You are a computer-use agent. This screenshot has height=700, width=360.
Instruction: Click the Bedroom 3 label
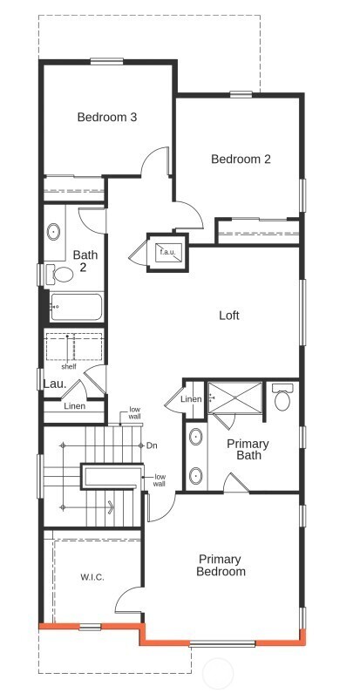pyautogui.click(x=107, y=117)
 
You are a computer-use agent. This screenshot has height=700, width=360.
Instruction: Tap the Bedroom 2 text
pyautogui.click(x=241, y=159)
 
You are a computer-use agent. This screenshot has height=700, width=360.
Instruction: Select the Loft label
pyautogui.click(x=228, y=316)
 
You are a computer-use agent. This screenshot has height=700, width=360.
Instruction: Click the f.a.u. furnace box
pyautogui.click(x=166, y=252)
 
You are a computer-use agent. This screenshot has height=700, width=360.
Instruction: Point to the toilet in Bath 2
pyautogui.click(x=63, y=274)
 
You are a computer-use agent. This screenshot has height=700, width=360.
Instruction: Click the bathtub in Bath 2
pyautogui.click(x=77, y=307)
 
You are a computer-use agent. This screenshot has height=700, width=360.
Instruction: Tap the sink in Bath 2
pyautogui.click(x=53, y=232)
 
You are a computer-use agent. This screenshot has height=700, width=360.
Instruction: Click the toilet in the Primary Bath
pyautogui.click(x=282, y=398)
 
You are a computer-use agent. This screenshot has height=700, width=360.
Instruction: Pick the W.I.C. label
pyautogui.click(x=92, y=577)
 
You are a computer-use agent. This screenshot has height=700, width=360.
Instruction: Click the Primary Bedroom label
pyautogui.click(x=221, y=565)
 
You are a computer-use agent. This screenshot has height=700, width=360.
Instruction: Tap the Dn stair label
pyautogui.click(x=152, y=445)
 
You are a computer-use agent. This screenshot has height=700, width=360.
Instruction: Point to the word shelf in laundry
pyautogui.click(x=69, y=366)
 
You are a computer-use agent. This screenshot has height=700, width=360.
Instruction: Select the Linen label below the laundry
pyautogui.click(x=75, y=405)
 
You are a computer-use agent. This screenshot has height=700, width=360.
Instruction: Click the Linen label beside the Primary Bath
pyautogui.click(x=191, y=398)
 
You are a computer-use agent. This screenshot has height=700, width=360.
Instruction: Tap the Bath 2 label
pyautogui.click(x=85, y=261)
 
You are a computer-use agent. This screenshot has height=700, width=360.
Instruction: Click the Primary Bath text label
pyautogui.click(x=248, y=449)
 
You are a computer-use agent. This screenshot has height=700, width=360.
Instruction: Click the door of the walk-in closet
pyautogui.click(x=130, y=599)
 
